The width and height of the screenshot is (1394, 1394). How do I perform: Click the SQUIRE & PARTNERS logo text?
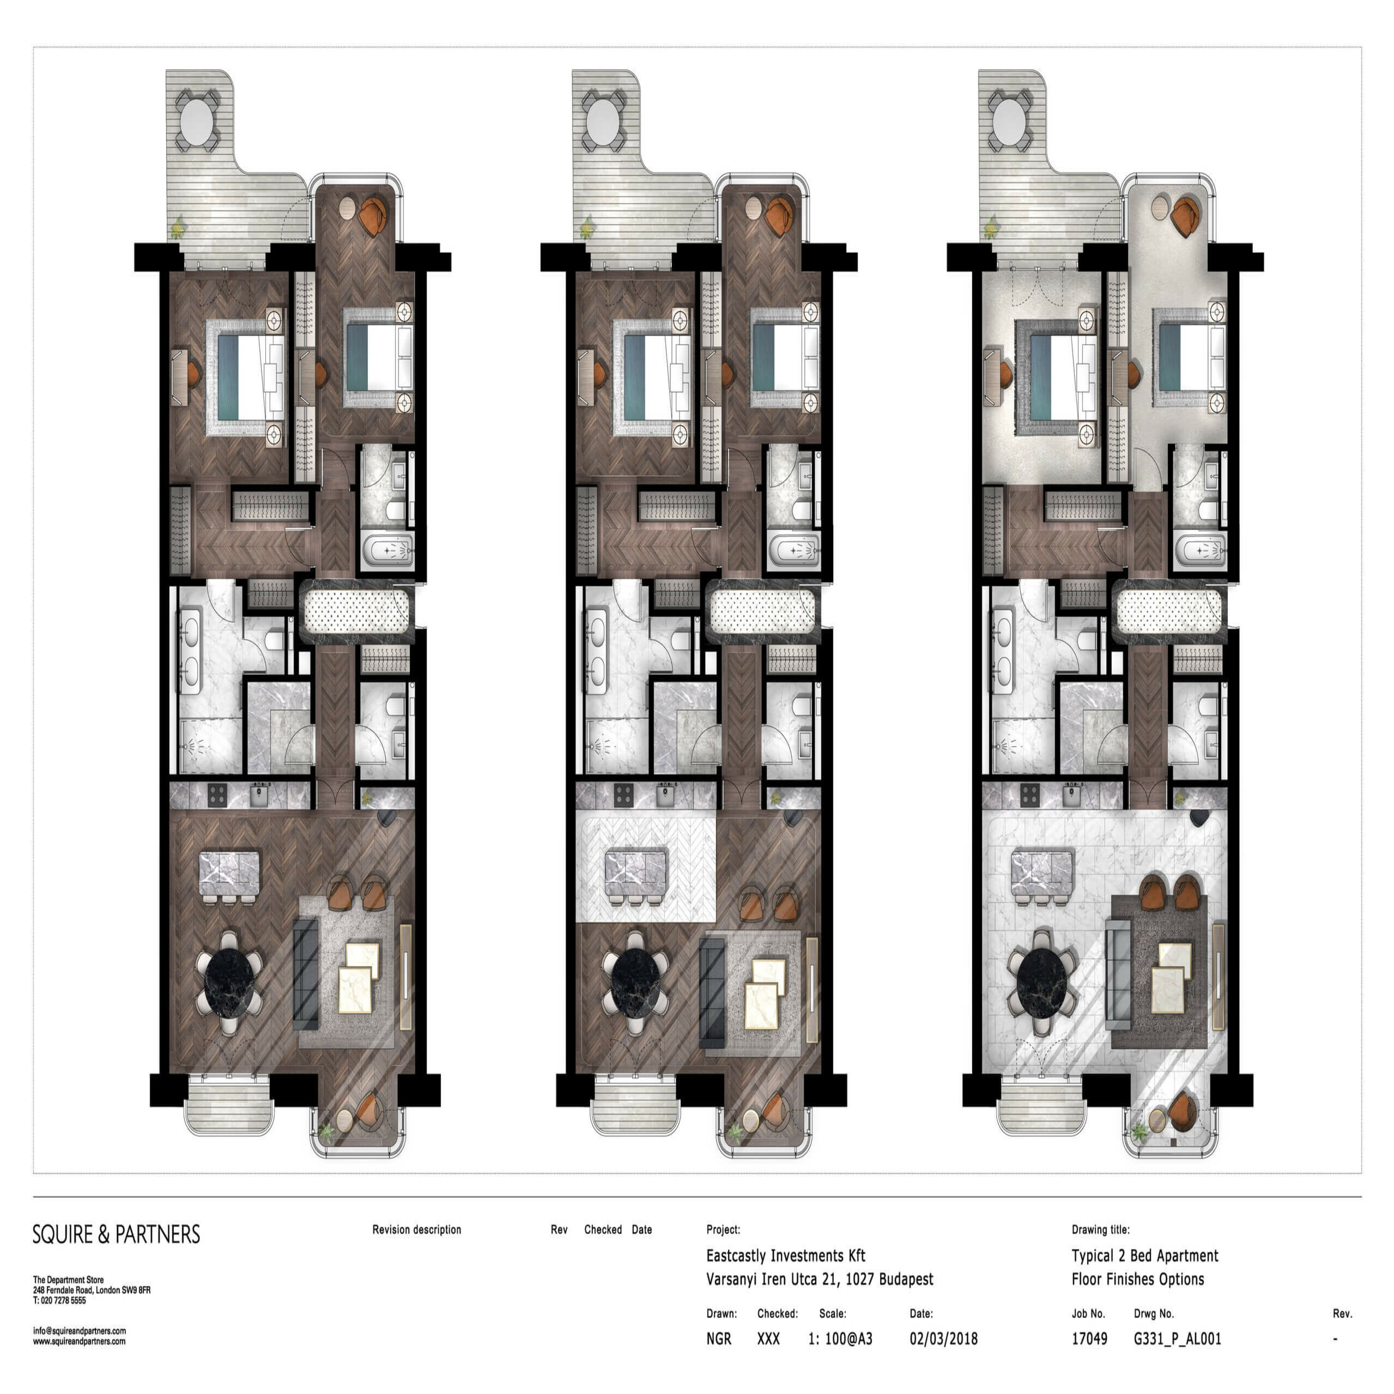coord(116,1234)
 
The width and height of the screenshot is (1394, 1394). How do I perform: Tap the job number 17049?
coord(1089,1339)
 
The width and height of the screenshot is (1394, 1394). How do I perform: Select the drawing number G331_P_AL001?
coord(1178,1339)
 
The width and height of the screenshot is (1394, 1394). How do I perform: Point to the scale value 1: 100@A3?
coord(840,1339)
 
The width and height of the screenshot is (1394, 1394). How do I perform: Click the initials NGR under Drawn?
coord(719,1339)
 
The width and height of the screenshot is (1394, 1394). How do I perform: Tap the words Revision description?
coord(416,1229)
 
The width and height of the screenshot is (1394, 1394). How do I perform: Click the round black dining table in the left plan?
coord(230,983)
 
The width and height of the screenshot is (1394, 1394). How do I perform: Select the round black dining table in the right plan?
coord(1043,983)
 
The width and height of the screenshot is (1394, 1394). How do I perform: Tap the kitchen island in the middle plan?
coord(637,875)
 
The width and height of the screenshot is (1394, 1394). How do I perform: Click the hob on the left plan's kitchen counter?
coord(217,795)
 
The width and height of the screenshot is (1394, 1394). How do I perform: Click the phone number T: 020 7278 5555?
coord(59,1301)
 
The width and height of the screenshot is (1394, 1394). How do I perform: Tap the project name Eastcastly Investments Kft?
coord(786,1256)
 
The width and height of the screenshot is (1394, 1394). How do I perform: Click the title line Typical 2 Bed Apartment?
coord(1144,1256)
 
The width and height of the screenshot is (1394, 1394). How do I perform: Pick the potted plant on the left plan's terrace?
coord(177,229)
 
